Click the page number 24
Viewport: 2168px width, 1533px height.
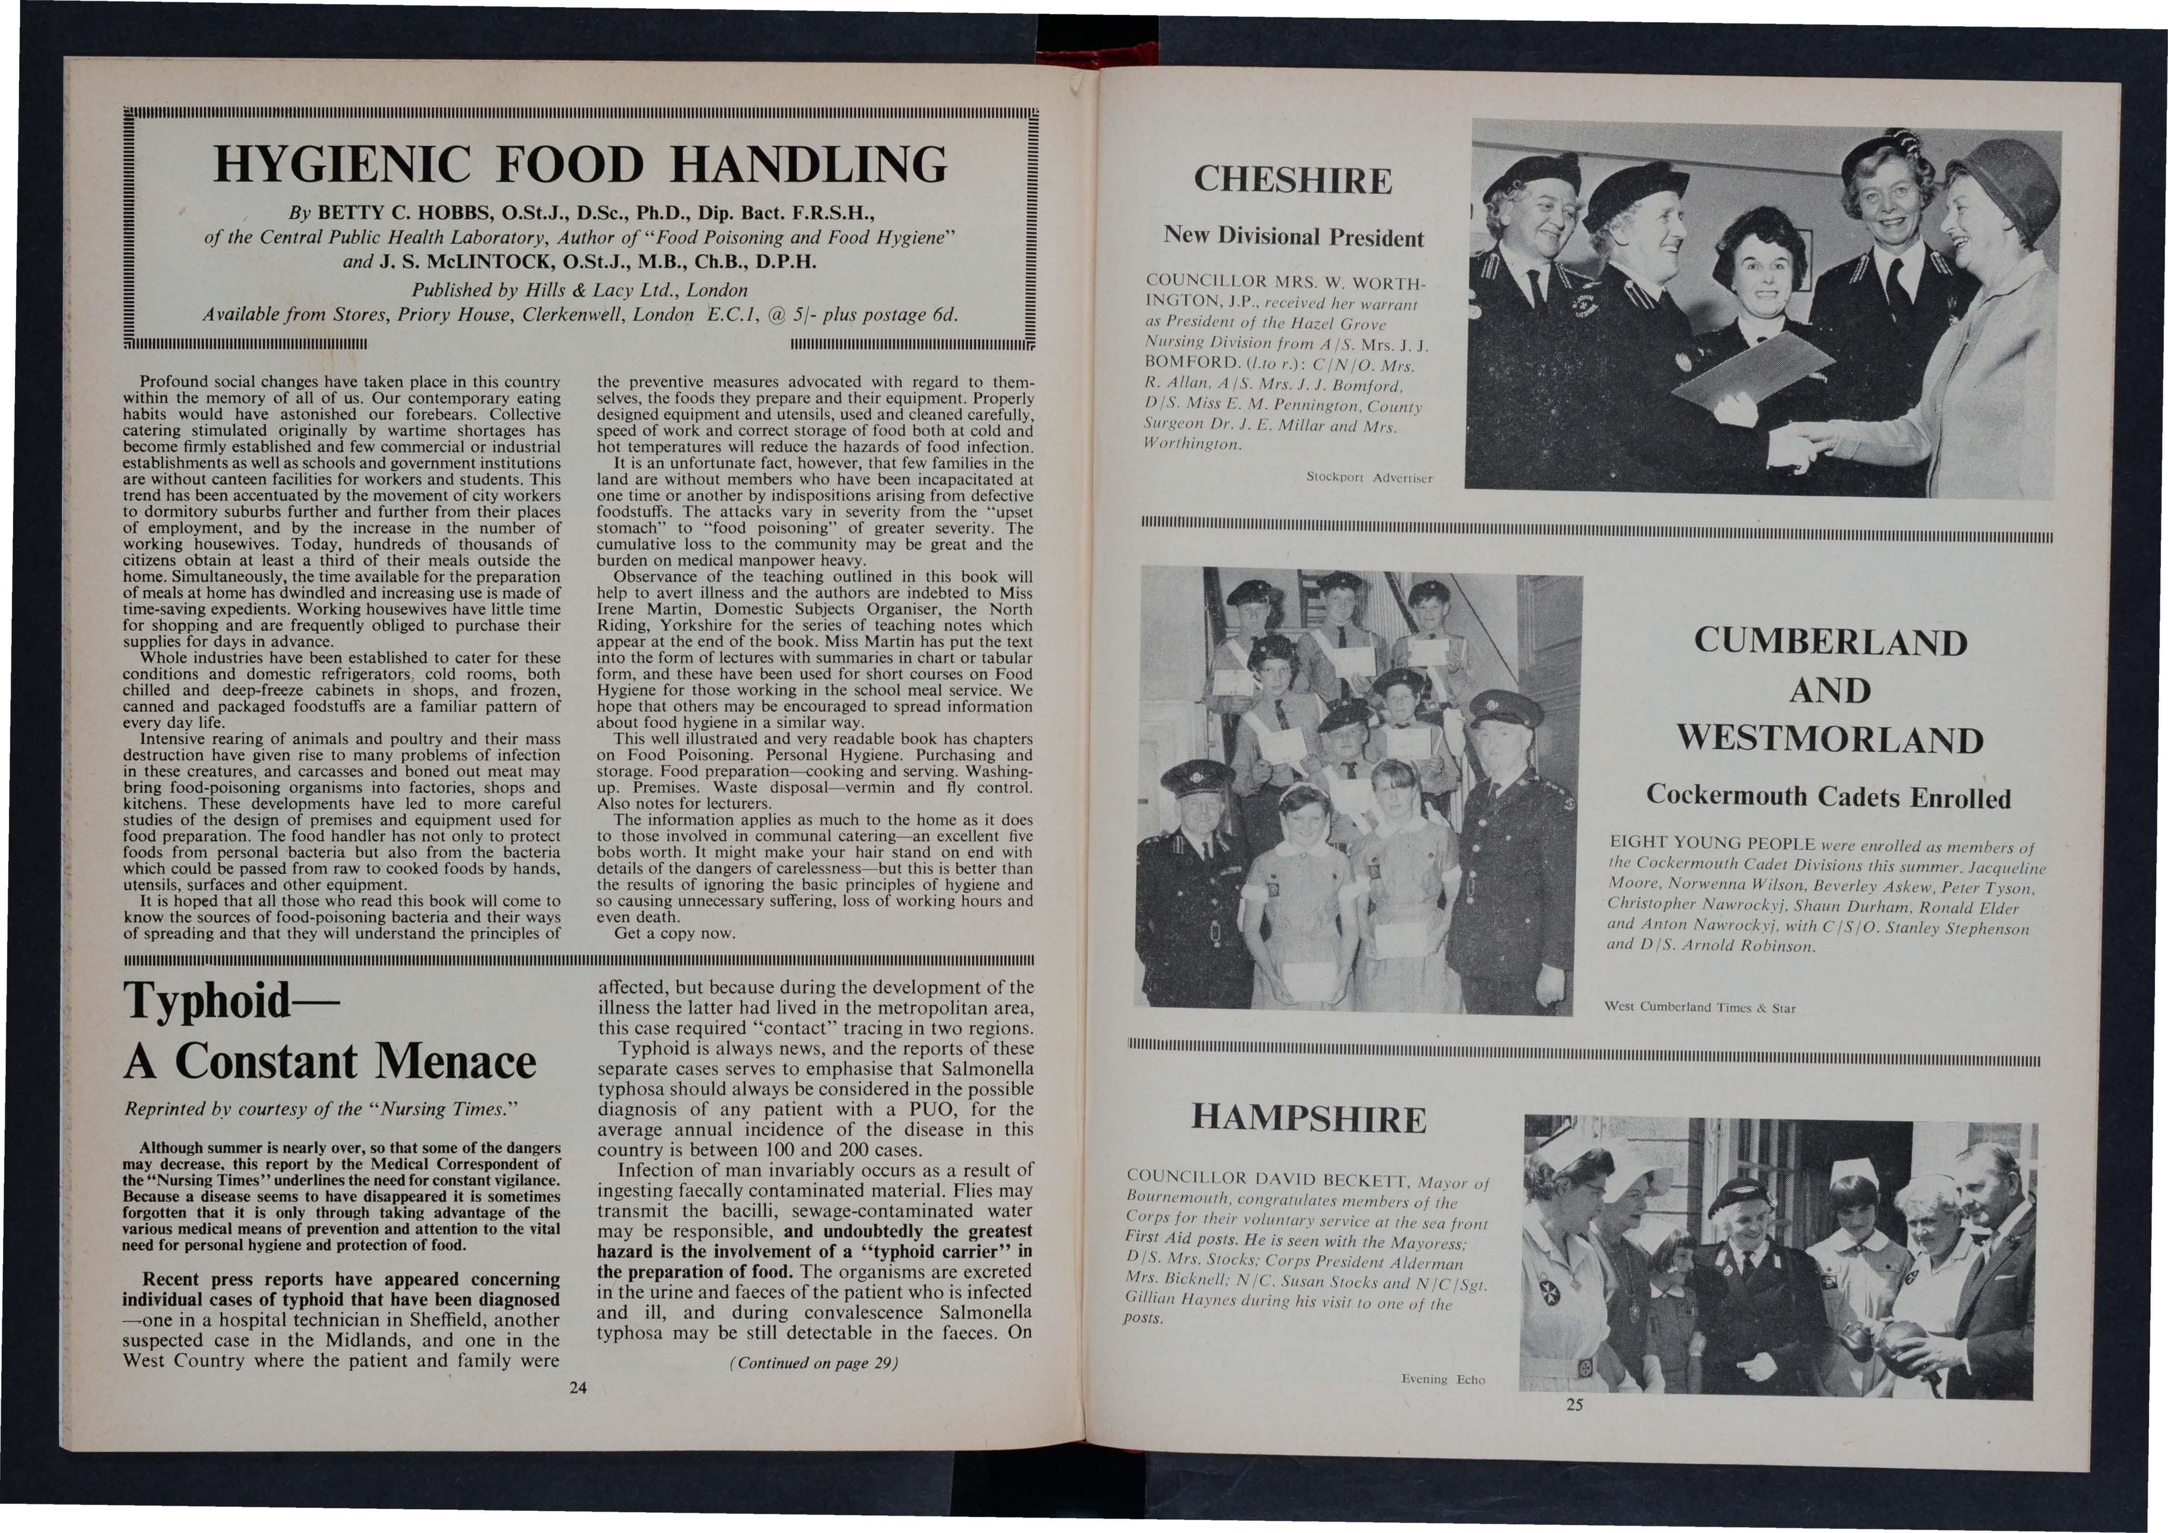pos(578,1387)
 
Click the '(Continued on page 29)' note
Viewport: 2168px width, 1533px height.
pos(814,1363)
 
